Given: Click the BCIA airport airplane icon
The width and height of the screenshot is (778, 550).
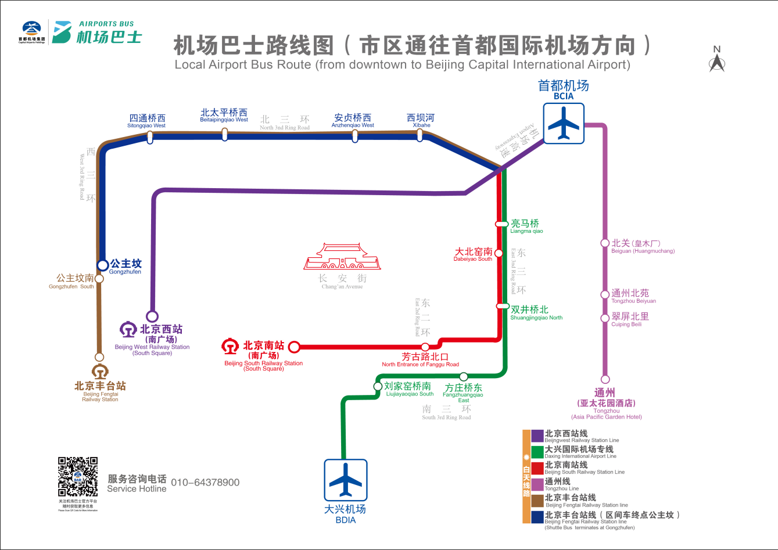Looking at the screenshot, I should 563,123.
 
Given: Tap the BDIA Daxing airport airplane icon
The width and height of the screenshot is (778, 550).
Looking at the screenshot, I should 346,480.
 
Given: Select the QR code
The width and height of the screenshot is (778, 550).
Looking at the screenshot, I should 78,477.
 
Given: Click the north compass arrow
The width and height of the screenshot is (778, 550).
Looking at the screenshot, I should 717,62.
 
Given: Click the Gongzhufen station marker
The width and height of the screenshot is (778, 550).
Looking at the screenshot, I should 103,265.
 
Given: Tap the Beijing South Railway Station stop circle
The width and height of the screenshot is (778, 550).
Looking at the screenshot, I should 294,347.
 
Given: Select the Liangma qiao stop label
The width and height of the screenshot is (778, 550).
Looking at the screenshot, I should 525,226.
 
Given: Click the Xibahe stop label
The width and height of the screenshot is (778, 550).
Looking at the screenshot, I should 421,120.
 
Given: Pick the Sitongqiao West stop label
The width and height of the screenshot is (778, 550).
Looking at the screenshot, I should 147,121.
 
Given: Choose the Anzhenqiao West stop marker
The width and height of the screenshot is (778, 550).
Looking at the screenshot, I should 355,136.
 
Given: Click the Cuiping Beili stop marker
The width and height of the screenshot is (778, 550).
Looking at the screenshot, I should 605,318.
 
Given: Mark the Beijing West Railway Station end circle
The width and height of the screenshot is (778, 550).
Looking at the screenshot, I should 152,317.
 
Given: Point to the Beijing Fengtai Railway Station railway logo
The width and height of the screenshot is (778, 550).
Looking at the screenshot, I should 100,371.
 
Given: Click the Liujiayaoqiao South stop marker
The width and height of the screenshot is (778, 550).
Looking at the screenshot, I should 378,386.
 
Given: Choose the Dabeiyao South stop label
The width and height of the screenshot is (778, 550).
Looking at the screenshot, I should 473,254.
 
